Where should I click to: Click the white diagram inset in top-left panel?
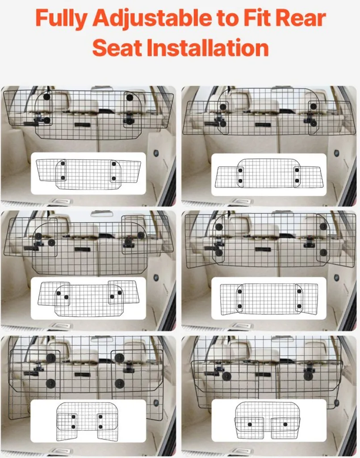(88, 173)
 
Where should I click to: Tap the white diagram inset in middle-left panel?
(88, 298)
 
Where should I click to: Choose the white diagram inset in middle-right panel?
(269, 298)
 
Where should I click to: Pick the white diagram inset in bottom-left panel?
(88, 421)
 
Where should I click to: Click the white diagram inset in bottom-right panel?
(269, 421)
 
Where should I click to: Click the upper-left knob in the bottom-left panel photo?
(50, 358)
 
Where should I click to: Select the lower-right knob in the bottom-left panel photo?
(119, 383)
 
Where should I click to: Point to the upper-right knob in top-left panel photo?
(129, 98)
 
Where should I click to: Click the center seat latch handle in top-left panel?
(82, 124)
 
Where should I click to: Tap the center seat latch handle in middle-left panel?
(82, 249)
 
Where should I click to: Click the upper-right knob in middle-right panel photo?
(323, 226)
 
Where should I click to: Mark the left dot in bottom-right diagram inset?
(249, 424)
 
